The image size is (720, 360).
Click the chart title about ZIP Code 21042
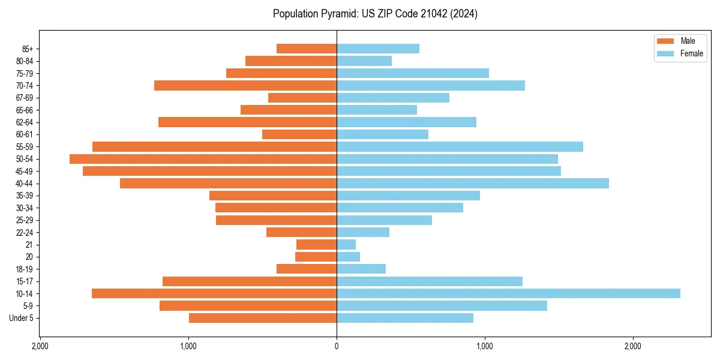[375, 14]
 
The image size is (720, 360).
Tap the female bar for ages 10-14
[508, 293]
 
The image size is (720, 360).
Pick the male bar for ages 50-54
[203, 159]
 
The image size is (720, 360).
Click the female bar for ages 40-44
[473, 184]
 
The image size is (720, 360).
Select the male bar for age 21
[316, 245]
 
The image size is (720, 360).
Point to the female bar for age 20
[348, 257]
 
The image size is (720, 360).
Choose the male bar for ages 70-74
[245, 86]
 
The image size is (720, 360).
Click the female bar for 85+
[378, 49]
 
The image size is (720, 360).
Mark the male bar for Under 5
[263, 318]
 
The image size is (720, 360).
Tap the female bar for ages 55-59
[460, 147]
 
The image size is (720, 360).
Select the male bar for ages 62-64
[247, 122]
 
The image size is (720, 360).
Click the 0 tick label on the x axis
[337, 347]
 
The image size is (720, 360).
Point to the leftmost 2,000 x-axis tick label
[40, 347]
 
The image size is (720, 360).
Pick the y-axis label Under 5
[21, 318]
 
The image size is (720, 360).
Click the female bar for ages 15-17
[430, 281]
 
